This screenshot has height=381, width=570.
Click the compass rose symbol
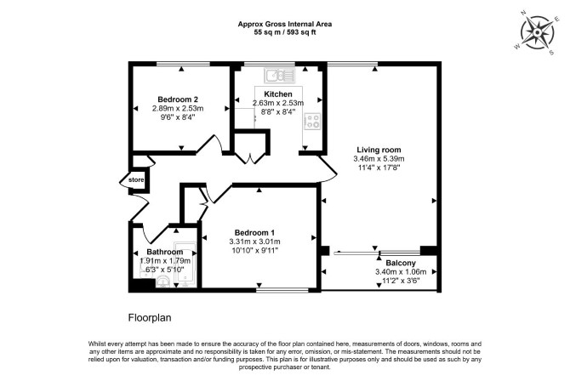(x=538, y=32)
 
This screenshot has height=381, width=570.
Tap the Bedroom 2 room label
(x=178, y=100)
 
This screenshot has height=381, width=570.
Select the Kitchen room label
(x=278, y=94)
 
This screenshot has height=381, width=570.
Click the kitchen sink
(x=280, y=76)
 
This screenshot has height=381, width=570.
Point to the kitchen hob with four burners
(x=312, y=121)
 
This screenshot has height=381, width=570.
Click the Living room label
(x=379, y=150)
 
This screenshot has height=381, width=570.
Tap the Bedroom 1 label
(x=254, y=233)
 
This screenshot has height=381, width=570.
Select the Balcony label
(x=401, y=263)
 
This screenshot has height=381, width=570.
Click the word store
(x=136, y=180)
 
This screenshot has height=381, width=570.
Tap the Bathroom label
(x=165, y=252)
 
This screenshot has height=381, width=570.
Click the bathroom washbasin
(x=163, y=281)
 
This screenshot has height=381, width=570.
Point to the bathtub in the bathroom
(x=185, y=264)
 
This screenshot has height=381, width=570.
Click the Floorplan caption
(x=150, y=318)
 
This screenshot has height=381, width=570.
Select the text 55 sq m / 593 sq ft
(x=285, y=32)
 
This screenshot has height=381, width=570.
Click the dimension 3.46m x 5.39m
(x=379, y=159)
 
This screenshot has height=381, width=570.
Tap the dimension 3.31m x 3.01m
(x=254, y=242)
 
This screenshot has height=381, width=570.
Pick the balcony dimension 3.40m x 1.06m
(x=401, y=272)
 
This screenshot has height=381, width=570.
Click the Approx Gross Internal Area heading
(x=285, y=25)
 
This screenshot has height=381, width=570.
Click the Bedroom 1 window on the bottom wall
(x=282, y=290)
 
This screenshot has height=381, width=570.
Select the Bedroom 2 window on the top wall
(x=183, y=64)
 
